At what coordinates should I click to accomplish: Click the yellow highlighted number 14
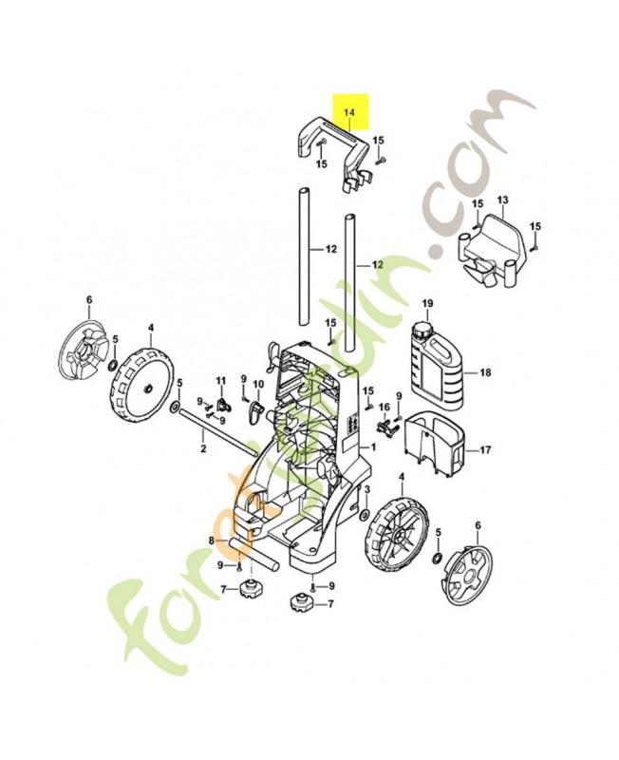coord(348,112)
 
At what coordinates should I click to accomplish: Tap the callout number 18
coord(486,372)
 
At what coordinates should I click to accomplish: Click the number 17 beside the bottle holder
coord(485,450)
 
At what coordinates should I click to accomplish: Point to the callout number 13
coord(502,199)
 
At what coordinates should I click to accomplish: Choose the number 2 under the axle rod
coord(203,448)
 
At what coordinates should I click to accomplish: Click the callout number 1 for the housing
coord(373,446)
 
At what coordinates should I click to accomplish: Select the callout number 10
coord(258,385)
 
